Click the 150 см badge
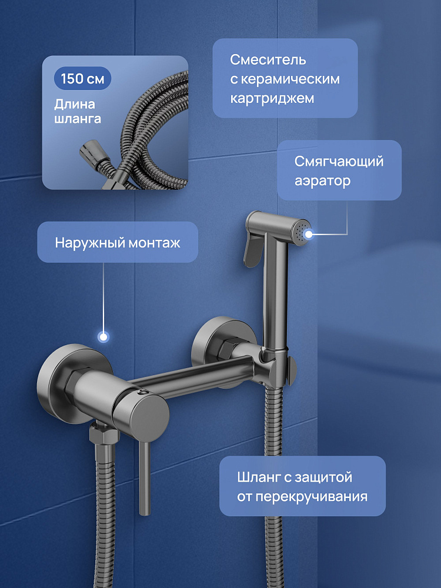[x=82, y=78]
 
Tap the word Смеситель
[x=268, y=59]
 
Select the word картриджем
[x=272, y=99]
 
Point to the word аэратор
[x=322, y=181]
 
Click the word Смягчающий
[x=339, y=161]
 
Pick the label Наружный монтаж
[x=118, y=243]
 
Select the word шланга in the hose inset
[x=78, y=119]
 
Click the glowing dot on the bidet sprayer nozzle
[x=308, y=235]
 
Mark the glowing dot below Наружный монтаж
[x=103, y=336]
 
